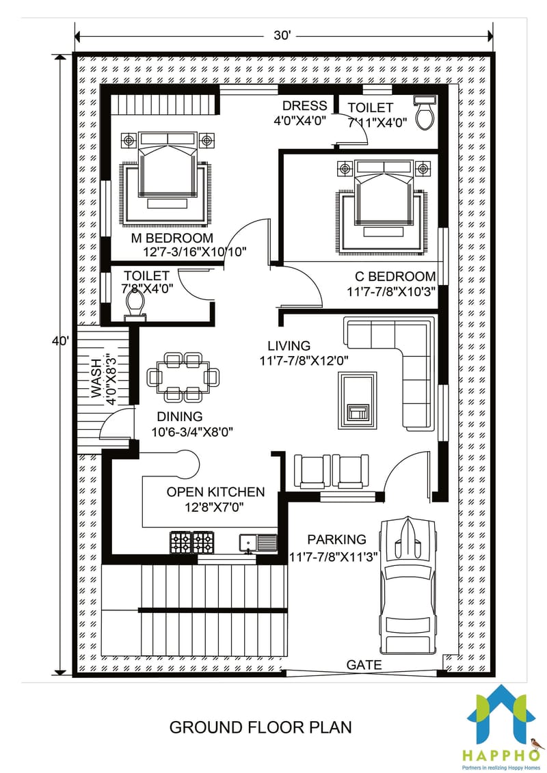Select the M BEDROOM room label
173,238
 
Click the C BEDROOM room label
395,277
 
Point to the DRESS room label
304,106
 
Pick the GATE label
364,664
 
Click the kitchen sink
258,543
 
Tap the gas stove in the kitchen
194,543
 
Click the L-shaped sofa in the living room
403,362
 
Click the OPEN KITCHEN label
215,492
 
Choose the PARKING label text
336,540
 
